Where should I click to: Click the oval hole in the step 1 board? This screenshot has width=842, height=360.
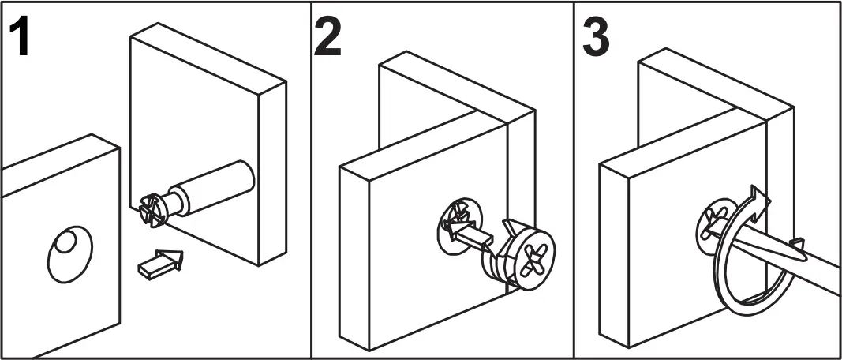click(69, 250)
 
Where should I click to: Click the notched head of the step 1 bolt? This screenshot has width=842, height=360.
click(151, 211)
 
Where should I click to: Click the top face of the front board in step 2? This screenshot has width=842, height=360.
click(422, 144)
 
